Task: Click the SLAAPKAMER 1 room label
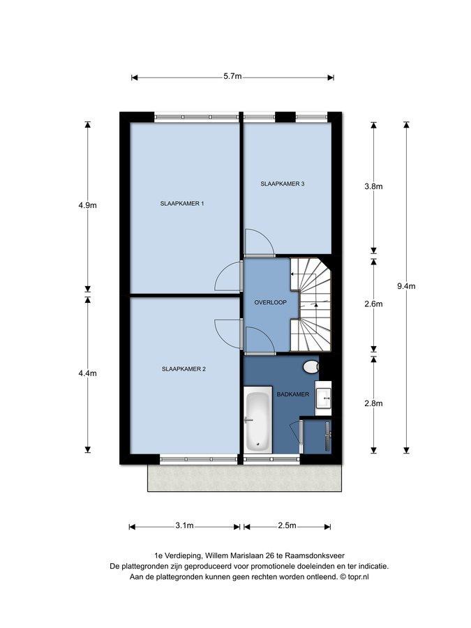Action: coord(182,204)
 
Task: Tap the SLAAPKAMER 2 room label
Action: coord(184,369)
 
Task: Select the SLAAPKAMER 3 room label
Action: coord(283,184)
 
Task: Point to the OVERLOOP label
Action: coord(270,302)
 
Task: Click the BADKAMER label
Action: coord(293,394)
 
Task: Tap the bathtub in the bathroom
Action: coord(258,420)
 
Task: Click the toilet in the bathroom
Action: coord(311,366)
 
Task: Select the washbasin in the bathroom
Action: coord(323,398)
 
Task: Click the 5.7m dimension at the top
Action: coord(232,76)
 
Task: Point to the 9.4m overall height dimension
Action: coord(406,286)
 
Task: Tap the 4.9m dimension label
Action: coord(88,205)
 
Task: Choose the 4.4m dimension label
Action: coord(88,373)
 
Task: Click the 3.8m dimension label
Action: coord(374,186)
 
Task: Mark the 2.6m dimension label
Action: coord(374,304)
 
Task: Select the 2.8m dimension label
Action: coord(374,403)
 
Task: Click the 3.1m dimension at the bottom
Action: coord(185,525)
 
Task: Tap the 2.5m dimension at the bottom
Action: coord(287,525)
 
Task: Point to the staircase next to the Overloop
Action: coord(311,304)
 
